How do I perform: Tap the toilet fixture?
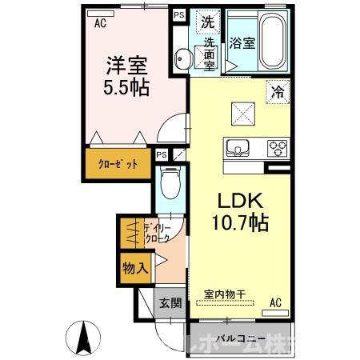click(x=170, y=184)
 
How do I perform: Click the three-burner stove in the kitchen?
click(x=279, y=148)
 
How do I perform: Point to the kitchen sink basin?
click(x=239, y=148)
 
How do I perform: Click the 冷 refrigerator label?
click(x=276, y=91)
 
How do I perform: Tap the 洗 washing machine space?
click(x=207, y=22)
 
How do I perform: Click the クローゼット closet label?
click(x=118, y=164)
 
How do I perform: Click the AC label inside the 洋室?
click(x=100, y=23)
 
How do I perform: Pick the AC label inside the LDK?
click(x=276, y=302)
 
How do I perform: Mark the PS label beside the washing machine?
click(x=178, y=14)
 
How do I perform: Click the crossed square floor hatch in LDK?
click(x=241, y=115)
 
